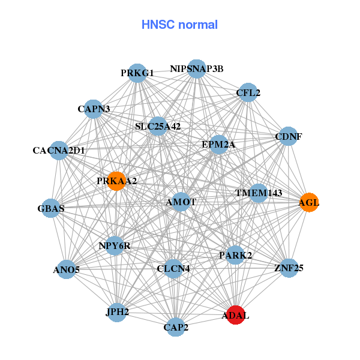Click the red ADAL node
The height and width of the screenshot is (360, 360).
pyautogui.click(x=236, y=315)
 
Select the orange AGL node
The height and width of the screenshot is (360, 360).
pyautogui.click(x=308, y=202)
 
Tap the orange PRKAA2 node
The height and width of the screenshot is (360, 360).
pyautogui.click(x=116, y=181)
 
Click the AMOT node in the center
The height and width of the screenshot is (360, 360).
pyautogui.click(x=181, y=202)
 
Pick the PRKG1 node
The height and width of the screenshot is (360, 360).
pyautogui.click(x=137, y=73)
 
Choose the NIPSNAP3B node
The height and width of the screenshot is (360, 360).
pyautogui.click(x=197, y=69)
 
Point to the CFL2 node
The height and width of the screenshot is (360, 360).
pyautogui.click(x=248, y=92)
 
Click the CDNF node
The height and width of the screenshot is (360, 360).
pyautogui.click(x=288, y=136)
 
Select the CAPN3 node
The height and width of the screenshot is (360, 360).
pyautogui.click(x=94, y=109)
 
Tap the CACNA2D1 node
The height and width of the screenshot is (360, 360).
pyautogui.click(x=59, y=150)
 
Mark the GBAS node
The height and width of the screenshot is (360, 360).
pyautogui.click(x=50, y=208)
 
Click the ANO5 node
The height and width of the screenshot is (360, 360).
pyautogui.click(x=66, y=269)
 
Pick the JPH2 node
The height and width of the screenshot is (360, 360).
pyautogui.click(x=117, y=312)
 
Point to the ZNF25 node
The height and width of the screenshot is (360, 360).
pyautogui.click(x=289, y=268)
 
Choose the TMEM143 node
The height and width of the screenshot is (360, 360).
pyautogui.click(x=258, y=193)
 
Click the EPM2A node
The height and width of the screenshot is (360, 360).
pyautogui.click(x=218, y=145)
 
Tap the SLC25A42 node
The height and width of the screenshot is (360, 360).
pyautogui.click(x=158, y=126)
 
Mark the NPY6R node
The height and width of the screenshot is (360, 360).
pyautogui.click(x=115, y=246)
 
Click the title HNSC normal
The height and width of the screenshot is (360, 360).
pyautogui.click(x=179, y=25)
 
